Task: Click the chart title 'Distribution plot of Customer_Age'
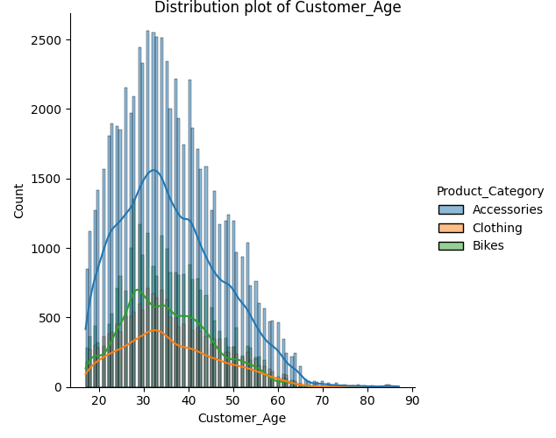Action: (277, 8)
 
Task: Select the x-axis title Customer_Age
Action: (241, 418)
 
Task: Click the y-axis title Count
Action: (19, 201)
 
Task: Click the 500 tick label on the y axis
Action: (50, 318)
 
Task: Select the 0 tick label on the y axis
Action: (59, 387)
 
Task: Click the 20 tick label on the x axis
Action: (98, 400)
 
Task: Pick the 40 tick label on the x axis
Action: (188, 400)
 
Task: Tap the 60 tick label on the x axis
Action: (277, 400)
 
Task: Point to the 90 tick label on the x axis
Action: (411, 400)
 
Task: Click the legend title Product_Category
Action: (489, 192)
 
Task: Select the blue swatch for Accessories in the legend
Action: (451, 210)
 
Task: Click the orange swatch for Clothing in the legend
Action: (451, 229)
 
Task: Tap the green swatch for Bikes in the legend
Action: (451, 246)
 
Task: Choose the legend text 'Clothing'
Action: (496, 229)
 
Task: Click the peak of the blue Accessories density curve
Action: (153, 170)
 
